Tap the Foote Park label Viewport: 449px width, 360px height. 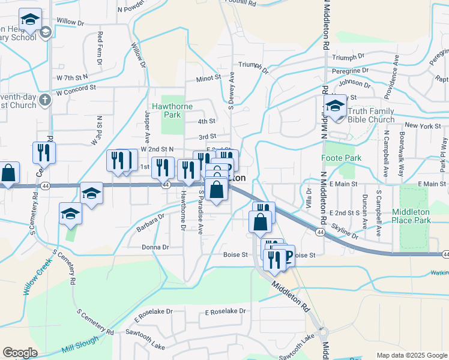point(345,158)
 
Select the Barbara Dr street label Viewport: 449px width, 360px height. point(149,223)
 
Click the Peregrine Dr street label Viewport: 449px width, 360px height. point(349,70)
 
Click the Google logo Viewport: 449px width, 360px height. point(20,353)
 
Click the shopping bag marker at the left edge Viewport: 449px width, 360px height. point(8,174)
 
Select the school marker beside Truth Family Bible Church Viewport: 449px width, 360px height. point(336,107)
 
